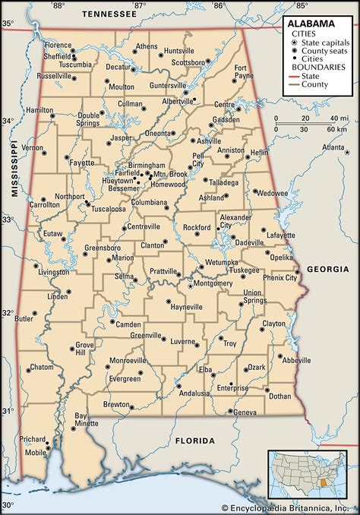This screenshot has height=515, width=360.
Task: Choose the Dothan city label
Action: coord(279,396)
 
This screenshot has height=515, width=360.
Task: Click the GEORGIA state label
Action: coord(327,269)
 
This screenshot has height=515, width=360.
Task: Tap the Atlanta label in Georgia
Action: coord(333,147)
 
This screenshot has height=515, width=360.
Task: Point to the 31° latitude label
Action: coord(7,410)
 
